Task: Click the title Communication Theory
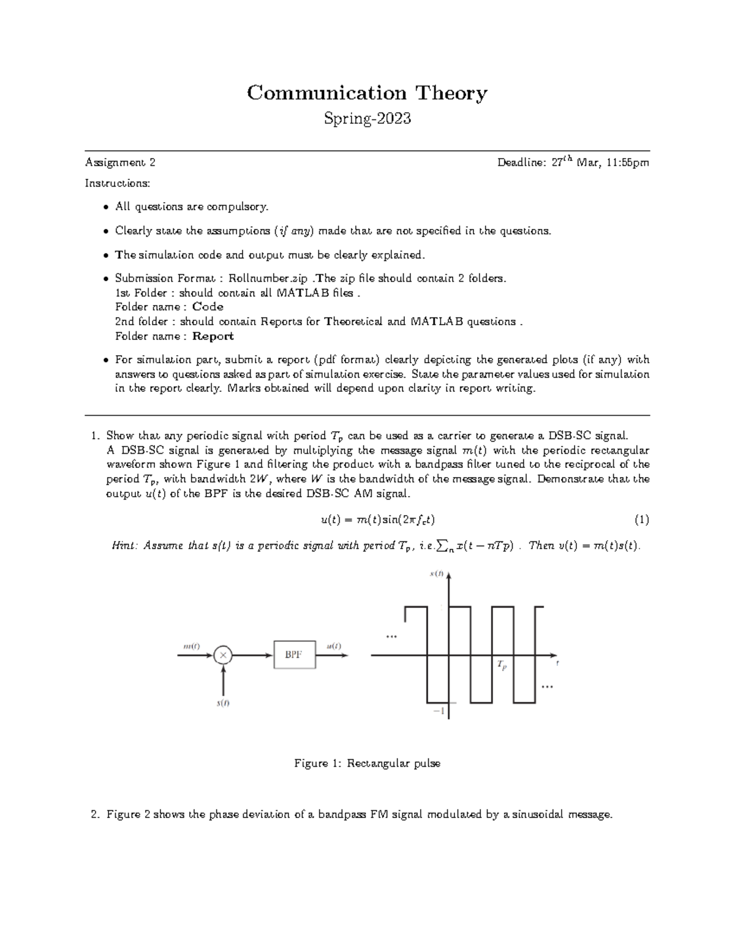367,93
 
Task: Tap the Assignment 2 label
120,162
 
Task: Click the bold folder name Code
208,307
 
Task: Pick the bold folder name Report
213,336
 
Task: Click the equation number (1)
641,520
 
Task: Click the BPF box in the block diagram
294,655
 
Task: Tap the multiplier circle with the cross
223,655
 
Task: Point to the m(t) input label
192,645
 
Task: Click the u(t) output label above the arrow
334,645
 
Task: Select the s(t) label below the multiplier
223,703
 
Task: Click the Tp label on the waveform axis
502,664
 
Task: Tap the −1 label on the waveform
439,711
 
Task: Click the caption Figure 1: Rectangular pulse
367,763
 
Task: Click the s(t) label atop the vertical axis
437,574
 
